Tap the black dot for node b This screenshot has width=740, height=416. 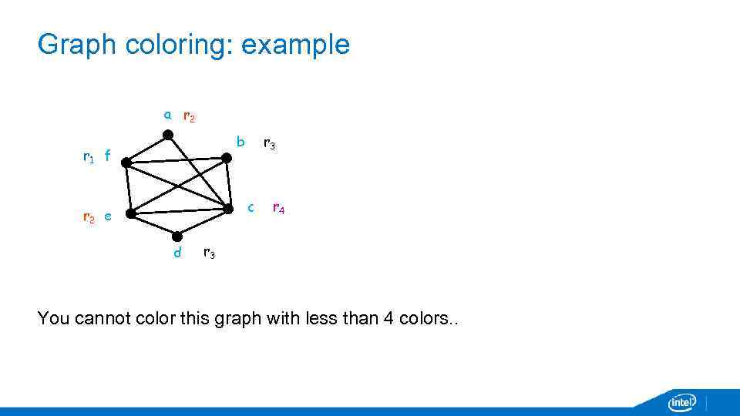click(x=226, y=158)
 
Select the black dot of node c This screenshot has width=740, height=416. click(x=228, y=209)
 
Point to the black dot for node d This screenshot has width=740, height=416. click(x=177, y=237)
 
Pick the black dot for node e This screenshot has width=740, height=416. click(x=130, y=214)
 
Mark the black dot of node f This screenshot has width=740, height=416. click(x=126, y=163)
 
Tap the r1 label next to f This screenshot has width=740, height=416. click(x=88, y=157)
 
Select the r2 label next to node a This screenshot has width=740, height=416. click(x=188, y=117)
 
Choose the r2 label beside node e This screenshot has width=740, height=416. click(x=88, y=217)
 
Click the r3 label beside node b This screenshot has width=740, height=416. click(x=270, y=143)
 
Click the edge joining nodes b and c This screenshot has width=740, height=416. click(x=227, y=183)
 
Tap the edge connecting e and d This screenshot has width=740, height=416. click(x=153, y=225)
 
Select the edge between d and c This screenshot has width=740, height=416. click(x=203, y=223)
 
